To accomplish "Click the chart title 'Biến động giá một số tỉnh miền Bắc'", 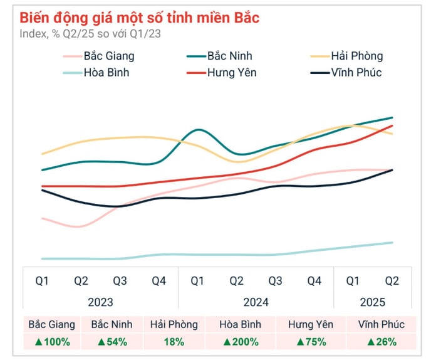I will point(139,18).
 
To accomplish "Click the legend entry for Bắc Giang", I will point(109,56).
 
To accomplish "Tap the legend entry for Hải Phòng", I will point(355,56).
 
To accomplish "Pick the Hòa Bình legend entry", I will point(106,73).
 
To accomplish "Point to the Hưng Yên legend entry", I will point(231,73).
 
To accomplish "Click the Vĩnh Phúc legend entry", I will point(355,73).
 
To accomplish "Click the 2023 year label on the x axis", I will point(100,302).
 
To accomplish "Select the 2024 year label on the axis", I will point(256,302).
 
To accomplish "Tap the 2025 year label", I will point(373,302).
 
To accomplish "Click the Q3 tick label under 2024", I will point(275,281).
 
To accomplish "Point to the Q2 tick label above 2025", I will point(392,281).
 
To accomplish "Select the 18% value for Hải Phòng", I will point(174,342).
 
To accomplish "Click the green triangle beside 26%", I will point(370,342).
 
